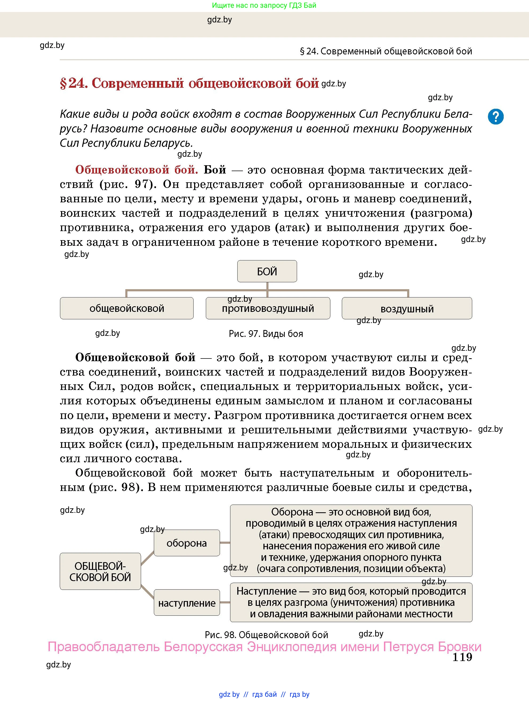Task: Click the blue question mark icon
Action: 495,117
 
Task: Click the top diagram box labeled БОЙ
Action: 267,271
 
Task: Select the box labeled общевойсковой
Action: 126,308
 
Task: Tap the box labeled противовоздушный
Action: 268,308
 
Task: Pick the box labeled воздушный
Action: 407,308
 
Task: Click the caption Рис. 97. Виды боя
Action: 266,334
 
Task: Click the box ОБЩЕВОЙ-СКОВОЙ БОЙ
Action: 100,571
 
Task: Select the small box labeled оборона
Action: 187,543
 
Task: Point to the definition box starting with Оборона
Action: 351,540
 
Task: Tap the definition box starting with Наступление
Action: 351,602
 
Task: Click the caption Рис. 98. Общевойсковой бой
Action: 266,635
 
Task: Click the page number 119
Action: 462,657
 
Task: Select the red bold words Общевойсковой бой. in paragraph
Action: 136,170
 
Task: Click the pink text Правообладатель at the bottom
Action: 105,646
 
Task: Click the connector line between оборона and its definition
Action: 225,543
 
